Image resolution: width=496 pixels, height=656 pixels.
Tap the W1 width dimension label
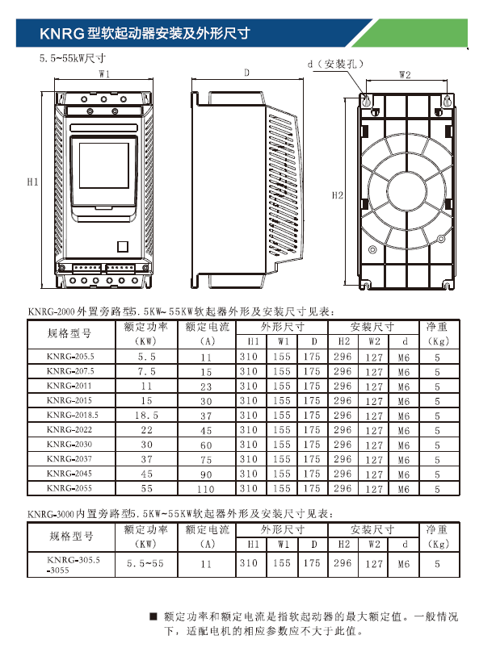(104, 73)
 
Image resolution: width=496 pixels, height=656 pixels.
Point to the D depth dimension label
(246, 73)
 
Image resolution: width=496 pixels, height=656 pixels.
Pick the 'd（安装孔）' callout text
(336, 63)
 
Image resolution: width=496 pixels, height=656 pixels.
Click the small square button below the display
(124, 248)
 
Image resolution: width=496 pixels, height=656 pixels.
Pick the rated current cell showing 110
(207, 489)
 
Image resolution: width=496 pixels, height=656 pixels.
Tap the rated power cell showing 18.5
(146, 415)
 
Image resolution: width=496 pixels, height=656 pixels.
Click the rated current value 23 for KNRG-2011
(207, 386)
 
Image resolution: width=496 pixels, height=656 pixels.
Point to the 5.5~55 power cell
(146, 565)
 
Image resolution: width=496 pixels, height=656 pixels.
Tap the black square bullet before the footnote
(153, 616)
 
